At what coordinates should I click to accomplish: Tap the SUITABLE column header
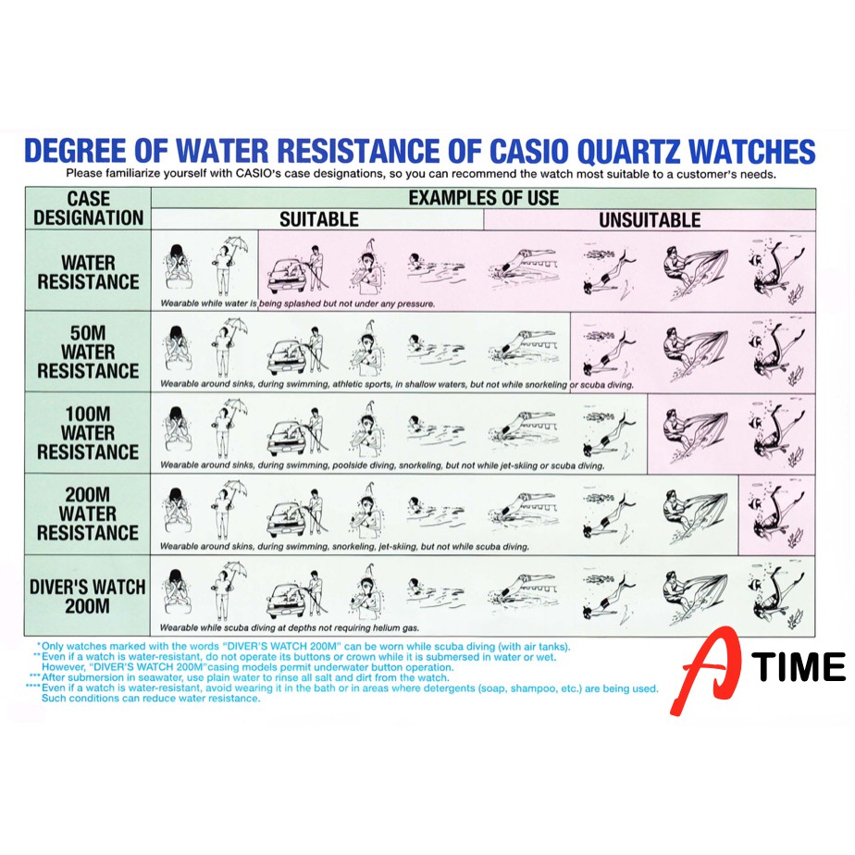tap(319, 219)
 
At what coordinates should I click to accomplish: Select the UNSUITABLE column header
tap(650, 219)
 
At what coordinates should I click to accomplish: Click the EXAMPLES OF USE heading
tap(484, 197)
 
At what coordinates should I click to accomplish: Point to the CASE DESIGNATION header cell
tap(88, 208)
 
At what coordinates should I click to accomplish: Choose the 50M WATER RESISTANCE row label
tap(88, 352)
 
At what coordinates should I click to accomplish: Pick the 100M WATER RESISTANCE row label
tap(88, 432)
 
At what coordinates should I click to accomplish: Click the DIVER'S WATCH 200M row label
tap(87, 596)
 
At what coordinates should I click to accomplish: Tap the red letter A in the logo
tap(706, 671)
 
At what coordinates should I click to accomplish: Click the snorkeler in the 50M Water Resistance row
tap(609, 352)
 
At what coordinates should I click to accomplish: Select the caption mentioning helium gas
tap(290, 627)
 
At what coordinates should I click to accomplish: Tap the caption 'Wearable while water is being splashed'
tap(298, 304)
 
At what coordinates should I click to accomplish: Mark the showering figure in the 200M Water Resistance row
tap(368, 511)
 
